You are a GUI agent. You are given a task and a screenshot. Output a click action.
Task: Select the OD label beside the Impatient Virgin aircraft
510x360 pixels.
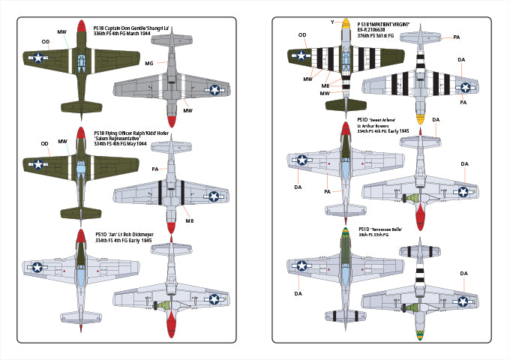302,34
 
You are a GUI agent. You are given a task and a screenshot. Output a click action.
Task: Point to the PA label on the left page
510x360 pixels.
154,169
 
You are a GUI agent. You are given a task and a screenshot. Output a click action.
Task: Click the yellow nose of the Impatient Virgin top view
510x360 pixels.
346,25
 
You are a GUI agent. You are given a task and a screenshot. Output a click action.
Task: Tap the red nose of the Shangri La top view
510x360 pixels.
79,26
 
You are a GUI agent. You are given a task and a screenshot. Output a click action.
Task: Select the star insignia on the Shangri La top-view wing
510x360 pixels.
37,56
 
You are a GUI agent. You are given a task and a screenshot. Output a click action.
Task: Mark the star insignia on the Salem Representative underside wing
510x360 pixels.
215,196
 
